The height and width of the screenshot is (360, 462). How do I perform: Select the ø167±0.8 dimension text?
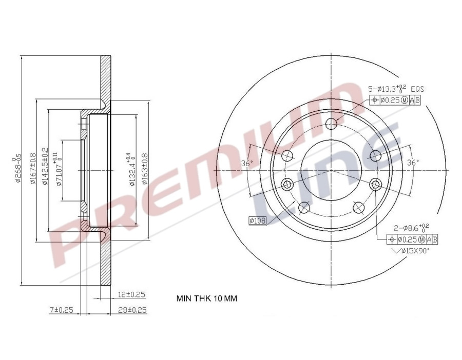(32, 168)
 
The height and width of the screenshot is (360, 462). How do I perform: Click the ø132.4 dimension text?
(131, 169)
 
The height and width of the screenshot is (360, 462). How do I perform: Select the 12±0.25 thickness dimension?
(131, 294)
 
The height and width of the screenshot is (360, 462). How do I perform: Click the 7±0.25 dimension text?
(62, 310)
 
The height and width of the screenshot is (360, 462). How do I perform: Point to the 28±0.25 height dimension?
(131, 310)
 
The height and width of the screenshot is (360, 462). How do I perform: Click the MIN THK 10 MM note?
(207, 298)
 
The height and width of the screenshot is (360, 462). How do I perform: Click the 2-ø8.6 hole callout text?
(410, 227)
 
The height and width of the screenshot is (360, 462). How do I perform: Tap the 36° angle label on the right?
(413, 163)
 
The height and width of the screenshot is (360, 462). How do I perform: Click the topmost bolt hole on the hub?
(332, 123)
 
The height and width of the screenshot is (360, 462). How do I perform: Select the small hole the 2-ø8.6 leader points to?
(376, 185)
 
